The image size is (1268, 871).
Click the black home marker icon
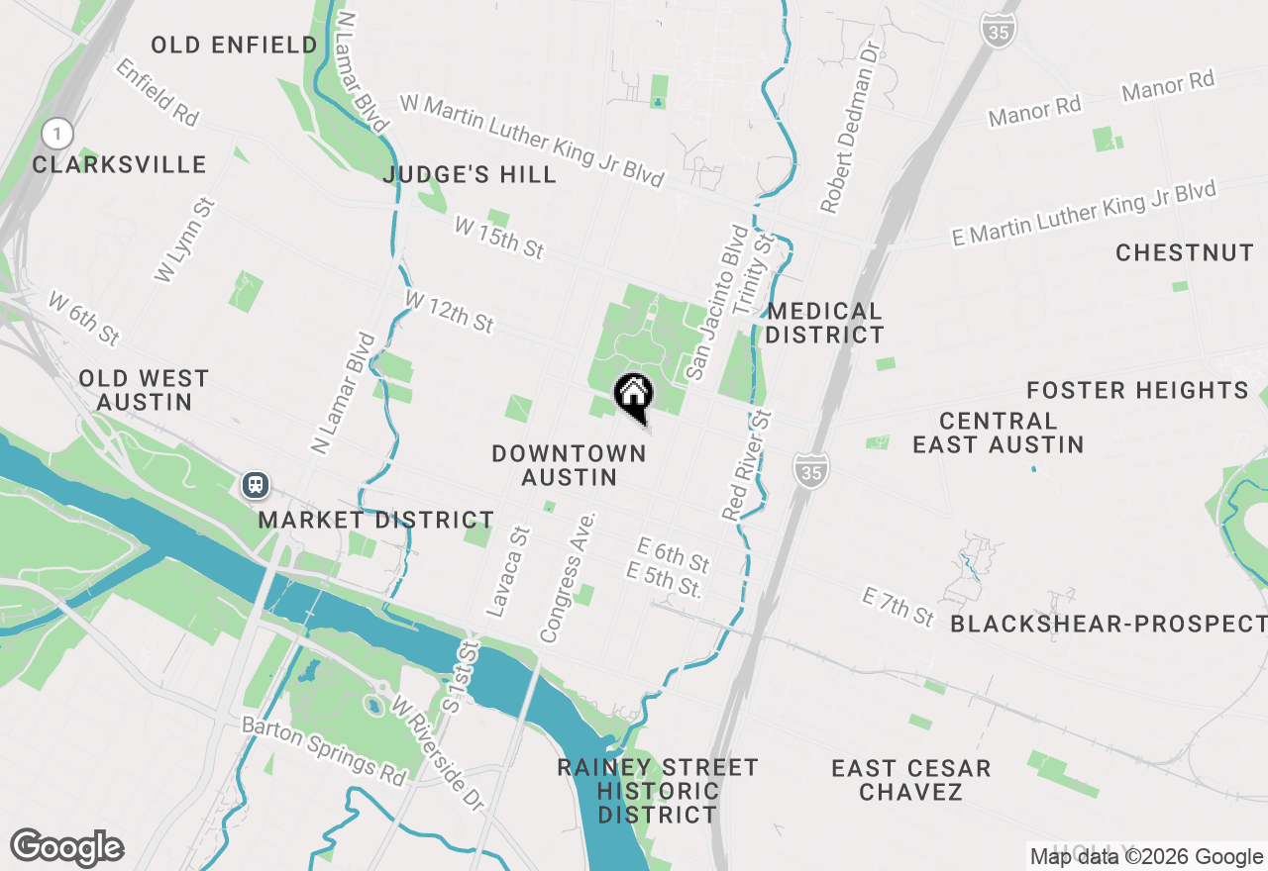634,396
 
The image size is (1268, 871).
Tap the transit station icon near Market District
256,484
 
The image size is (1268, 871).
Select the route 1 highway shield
58,133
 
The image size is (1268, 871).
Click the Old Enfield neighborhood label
235,45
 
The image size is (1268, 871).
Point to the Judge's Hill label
470,175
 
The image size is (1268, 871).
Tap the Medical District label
824,324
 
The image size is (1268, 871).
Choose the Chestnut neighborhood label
1185,253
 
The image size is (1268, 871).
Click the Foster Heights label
1137,391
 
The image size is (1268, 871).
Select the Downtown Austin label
569,465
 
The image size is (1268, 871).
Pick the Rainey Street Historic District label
658,791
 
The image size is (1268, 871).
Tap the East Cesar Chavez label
911,780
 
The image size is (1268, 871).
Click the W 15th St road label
499,239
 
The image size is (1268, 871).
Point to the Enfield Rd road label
158,92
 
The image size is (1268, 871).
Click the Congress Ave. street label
568,576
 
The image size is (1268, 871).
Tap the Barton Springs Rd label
324,751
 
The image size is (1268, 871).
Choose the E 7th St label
898,606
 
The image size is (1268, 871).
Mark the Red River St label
747,464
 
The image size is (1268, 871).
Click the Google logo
66,848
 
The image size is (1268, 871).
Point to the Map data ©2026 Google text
1146,857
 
